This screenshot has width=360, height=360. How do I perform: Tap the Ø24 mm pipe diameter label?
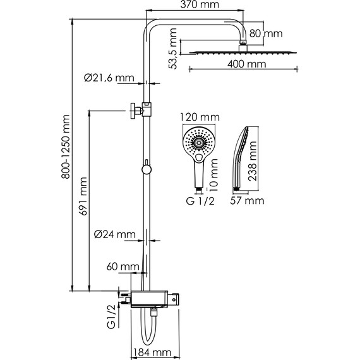point(115,235)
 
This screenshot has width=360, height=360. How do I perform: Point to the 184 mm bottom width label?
point(152,352)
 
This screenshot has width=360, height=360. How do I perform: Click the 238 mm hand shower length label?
point(253,162)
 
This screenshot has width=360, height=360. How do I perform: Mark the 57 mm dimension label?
point(246,201)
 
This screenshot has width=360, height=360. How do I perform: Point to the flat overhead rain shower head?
point(239,52)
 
